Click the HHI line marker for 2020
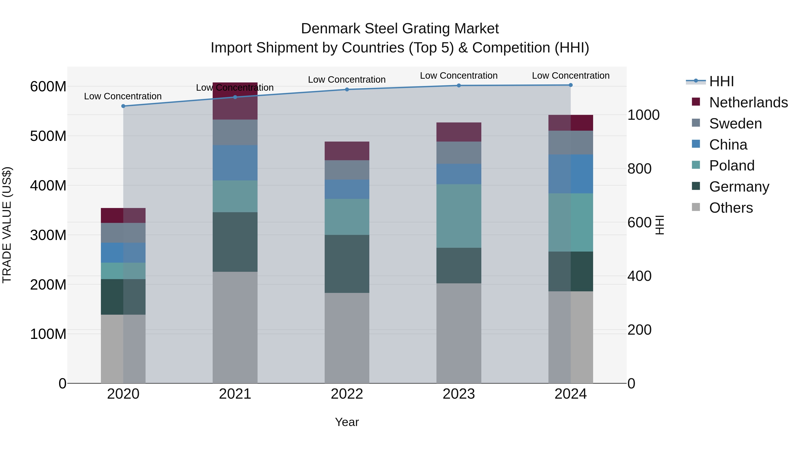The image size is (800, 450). click(123, 106)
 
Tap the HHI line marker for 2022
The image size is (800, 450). click(347, 89)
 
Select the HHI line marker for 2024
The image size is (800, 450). click(570, 85)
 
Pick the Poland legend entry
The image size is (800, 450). click(732, 166)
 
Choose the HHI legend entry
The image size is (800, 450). click(721, 81)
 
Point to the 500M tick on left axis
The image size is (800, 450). click(48, 136)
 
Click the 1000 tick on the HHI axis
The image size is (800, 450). click(643, 115)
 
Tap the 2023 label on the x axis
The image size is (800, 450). click(459, 394)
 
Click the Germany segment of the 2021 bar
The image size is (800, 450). click(235, 242)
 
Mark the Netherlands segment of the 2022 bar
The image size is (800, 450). click(347, 151)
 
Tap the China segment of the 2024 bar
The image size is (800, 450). click(570, 174)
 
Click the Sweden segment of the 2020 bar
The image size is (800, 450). click(123, 233)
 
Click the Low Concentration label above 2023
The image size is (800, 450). click(459, 76)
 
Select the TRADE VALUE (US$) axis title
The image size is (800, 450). click(7, 225)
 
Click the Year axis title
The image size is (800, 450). click(347, 422)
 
